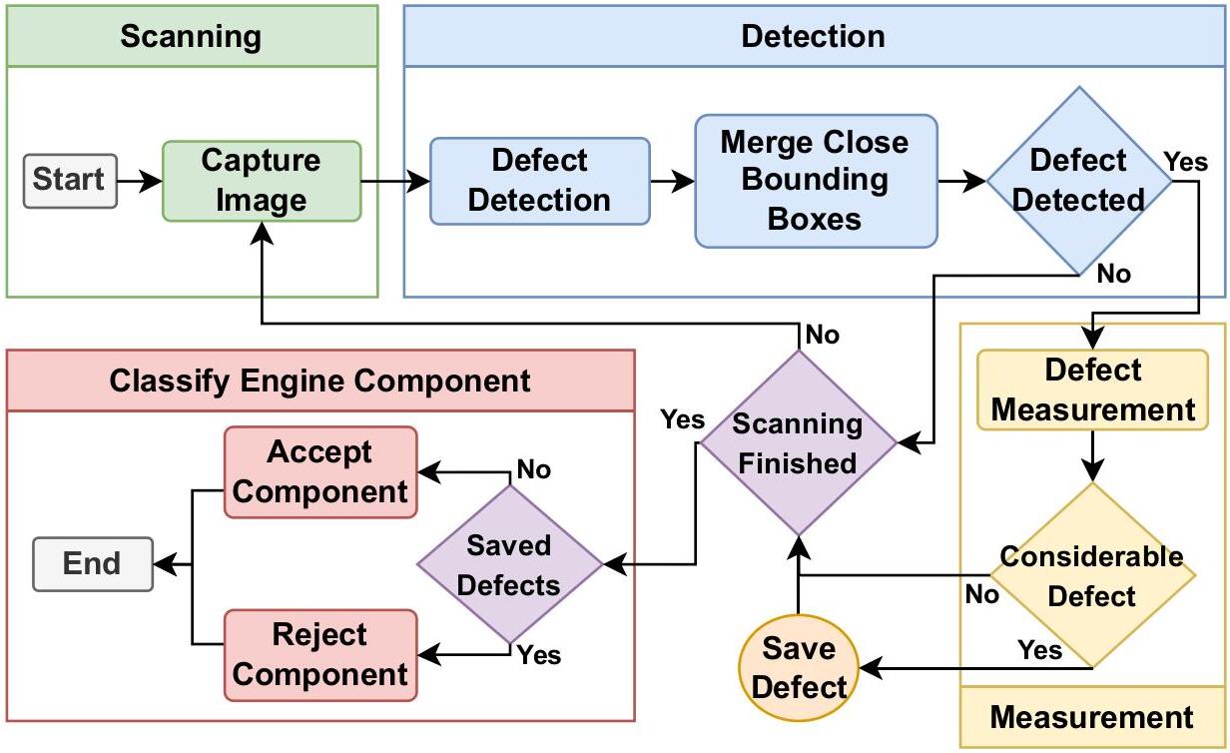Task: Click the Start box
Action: (x=69, y=181)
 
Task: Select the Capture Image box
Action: (x=262, y=181)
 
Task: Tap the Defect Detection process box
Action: (x=539, y=181)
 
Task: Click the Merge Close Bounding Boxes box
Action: (x=816, y=181)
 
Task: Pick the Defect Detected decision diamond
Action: (x=1078, y=181)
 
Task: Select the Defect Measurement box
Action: (x=1092, y=390)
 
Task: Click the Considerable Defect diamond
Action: (x=1092, y=575)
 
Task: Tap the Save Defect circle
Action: (x=799, y=668)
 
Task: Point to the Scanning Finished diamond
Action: (x=798, y=443)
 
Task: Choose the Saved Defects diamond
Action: (x=509, y=565)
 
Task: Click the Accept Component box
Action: (x=320, y=472)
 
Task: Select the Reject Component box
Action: (x=320, y=655)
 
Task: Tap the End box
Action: (x=92, y=564)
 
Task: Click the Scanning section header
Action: (x=192, y=37)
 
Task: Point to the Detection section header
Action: (x=813, y=37)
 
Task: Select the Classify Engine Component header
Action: (x=320, y=380)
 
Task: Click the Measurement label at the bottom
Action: (x=1092, y=717)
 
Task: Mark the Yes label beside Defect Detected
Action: (x=1186, y=162)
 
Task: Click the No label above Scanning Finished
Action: (x=822, y=335)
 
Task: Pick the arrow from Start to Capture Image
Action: (x=140, y=181)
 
